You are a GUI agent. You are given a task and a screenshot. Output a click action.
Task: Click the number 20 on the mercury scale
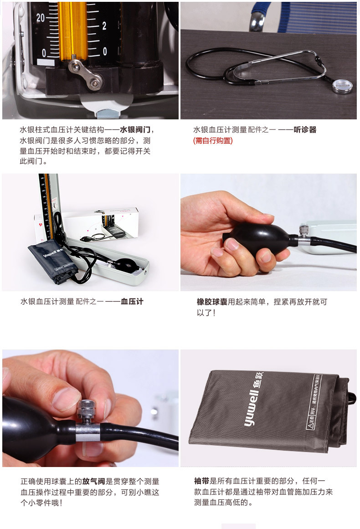pos(41,18)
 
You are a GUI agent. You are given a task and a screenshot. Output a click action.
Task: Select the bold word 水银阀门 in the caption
pos(135,130)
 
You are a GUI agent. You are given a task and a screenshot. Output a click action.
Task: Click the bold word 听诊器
pos(305,130)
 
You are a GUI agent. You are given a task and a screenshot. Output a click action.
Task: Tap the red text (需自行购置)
pos(213,141)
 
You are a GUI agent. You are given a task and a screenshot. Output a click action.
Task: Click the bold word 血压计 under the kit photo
pos(132,302)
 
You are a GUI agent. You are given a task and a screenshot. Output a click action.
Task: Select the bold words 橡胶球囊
pos(212,302)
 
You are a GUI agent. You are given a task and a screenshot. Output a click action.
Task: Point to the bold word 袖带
pos(201,481)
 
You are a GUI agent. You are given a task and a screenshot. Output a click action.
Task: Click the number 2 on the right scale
pos(104,26)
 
